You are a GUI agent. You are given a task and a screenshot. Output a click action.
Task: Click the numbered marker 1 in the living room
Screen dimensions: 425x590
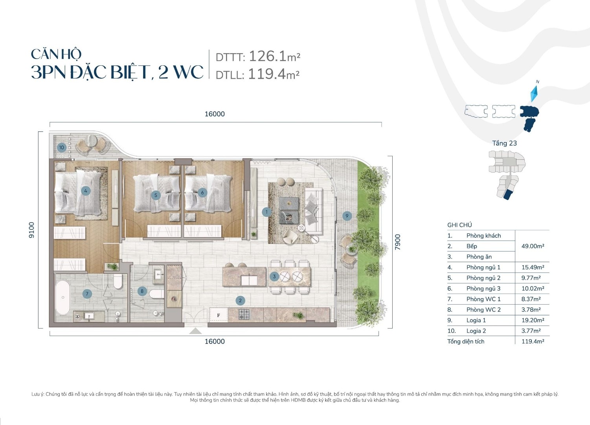coord(266,212)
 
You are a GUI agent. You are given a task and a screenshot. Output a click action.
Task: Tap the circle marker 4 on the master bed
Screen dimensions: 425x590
coord(86,191)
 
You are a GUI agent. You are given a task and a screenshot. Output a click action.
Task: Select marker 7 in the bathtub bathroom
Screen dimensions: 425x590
coord(87,294)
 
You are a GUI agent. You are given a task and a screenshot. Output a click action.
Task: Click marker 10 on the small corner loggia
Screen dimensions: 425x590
coord(61,148)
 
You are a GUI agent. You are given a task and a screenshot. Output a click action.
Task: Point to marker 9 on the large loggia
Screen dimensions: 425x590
coord(347,216)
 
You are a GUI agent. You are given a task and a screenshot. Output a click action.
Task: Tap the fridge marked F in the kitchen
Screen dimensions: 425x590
coord(219,315)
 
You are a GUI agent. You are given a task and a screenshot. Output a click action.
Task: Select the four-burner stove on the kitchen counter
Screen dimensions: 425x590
coord(244,314)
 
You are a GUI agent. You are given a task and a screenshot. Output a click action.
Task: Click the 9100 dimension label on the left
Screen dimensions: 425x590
coord(32,230)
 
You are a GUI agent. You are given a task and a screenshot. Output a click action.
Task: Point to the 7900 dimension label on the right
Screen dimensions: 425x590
coord(398,242)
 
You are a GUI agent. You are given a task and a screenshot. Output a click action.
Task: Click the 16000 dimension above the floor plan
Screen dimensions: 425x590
coord(215,114)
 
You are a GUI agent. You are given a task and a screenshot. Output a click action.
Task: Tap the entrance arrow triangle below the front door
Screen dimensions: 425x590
coord(196,331)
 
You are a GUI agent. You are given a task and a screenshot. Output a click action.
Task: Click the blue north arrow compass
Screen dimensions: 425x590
coord(534,93)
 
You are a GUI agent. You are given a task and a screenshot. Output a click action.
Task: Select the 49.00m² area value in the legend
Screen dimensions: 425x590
coord(533,246)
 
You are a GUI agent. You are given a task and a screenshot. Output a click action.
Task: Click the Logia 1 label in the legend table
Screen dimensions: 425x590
coord(476,320)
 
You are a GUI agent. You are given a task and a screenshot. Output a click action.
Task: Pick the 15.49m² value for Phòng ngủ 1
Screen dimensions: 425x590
coord(533,268)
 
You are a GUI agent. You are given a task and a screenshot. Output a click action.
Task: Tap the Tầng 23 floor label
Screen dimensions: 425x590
coord(504,143)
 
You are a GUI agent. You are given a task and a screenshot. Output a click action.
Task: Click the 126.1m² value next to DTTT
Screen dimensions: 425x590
coord(274,56)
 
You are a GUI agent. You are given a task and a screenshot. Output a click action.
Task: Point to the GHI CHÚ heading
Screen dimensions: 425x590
coord(460,225)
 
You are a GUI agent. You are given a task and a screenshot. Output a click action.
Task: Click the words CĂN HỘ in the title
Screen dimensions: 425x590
coord(56,54)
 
